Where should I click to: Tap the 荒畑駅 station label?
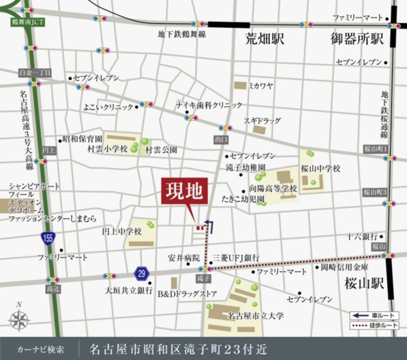click(265, 39)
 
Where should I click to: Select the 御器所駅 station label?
click(357, 39)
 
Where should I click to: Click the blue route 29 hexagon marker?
click(142, 273)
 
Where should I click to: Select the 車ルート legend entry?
click(374, 315)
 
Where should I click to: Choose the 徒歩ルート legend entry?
click(374, 325)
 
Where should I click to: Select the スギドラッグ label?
click(262, 121)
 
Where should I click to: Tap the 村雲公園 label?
click(161, 150)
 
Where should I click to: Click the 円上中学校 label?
click(122, 232)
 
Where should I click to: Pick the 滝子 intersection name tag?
click(204, 279)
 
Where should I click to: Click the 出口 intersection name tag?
click(221, 140)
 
